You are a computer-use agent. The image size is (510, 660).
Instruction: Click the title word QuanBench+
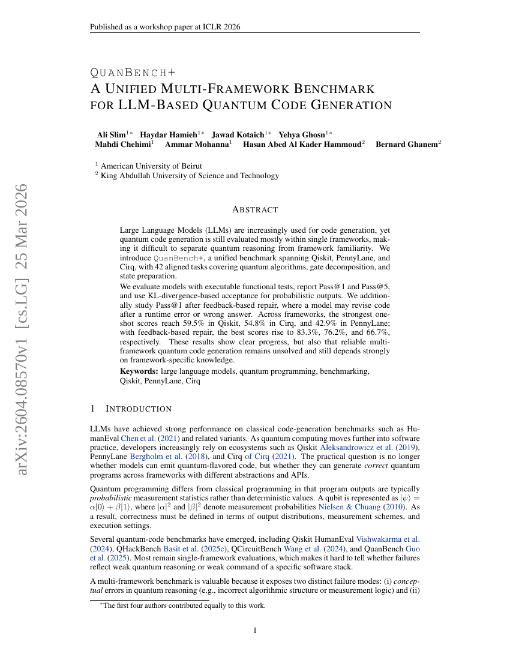coord(128,73)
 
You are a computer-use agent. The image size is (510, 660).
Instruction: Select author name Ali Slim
coord(111,134)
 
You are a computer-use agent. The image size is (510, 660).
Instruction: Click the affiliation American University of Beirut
coord(151,166)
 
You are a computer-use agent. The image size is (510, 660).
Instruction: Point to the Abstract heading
coord(254,209)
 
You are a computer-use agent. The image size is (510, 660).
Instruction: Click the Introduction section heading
coord(139,409)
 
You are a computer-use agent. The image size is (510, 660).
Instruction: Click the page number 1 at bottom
coord(255,630)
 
